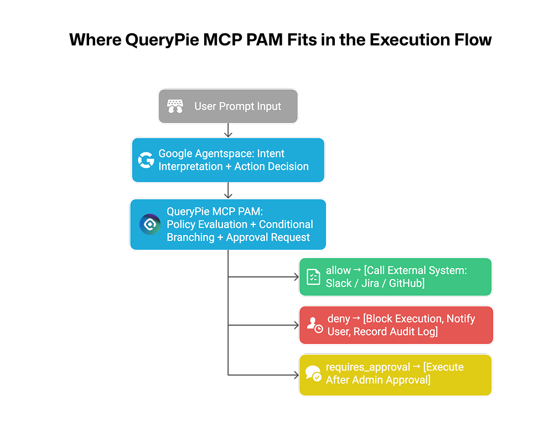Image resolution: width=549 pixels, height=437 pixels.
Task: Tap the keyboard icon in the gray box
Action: click(x=175, y=106)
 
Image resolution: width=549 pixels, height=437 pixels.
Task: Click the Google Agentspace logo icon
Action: click(x=146, y=161)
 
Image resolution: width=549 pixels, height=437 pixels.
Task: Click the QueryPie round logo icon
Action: click(x=150, y=224)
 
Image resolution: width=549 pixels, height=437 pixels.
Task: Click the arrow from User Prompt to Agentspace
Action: click(x=228, y=131)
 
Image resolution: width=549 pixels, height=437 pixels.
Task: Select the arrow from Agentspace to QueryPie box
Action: click(x=228, y=191)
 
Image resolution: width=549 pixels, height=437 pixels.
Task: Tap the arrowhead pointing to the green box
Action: click(x=296, y=276)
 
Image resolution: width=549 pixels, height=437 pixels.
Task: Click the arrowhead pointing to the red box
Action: click(x=296, y=325)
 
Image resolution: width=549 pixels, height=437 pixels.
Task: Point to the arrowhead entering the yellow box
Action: click(x=296, y=375)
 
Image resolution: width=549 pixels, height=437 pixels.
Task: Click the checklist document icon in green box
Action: click(x=313, y=277)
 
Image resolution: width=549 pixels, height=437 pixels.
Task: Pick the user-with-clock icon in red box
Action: click(x=315, y=325)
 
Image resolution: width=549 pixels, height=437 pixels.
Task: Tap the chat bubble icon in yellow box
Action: click(x=313, y=374)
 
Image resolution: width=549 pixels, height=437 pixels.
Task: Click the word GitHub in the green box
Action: click(x=407, y=283)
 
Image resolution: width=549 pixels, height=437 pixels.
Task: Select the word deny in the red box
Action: click(x=338, y=318)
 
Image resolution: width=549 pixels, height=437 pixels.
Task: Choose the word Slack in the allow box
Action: click(x=339, y=283)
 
